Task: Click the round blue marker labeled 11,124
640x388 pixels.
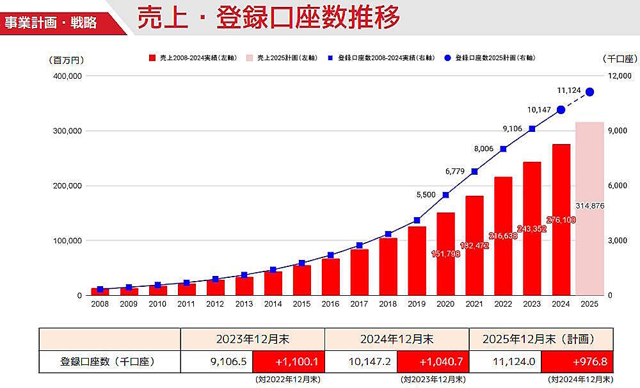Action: pyautogui.click(x=589, y=92)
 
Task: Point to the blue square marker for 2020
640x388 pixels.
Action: pyautogui.click(x=445, y=195)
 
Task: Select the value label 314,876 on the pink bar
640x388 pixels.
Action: pyautogui.click(x=589, y=205)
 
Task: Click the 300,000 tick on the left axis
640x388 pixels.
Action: pyautogui.click(x=67, y=131)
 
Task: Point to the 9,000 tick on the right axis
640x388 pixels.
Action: pyautogui.click(x=616, y=131)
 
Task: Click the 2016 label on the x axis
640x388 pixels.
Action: pyautogui.click(x=330, y=305)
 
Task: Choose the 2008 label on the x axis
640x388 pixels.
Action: pyautogui.click(x=100, y=305)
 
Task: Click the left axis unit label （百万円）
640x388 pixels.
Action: pyautogui.click(x=66, y=60)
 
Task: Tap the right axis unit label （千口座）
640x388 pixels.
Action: pyautogui.click(x=620, y=59)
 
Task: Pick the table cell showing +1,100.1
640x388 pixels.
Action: pyautogui.click(x=289, y=362)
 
